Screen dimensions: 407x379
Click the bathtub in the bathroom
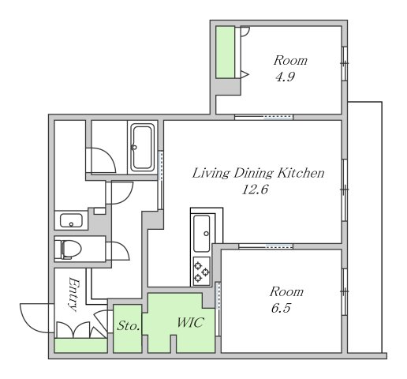[142, 148]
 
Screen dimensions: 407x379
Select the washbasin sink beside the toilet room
[71, 220]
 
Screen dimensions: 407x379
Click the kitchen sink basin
[202, 233]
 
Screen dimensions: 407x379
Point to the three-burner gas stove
[202, 271]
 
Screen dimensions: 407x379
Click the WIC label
[190, 322]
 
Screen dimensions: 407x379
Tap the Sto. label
[128, 326]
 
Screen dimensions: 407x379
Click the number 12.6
[255, 189]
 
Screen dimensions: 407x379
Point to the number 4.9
[285, 77]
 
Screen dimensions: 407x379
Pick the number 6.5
[281, 308]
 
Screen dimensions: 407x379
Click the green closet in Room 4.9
[225, 52]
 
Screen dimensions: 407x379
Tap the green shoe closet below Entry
[80, 346]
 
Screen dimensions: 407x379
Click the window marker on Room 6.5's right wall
[345, 291]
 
